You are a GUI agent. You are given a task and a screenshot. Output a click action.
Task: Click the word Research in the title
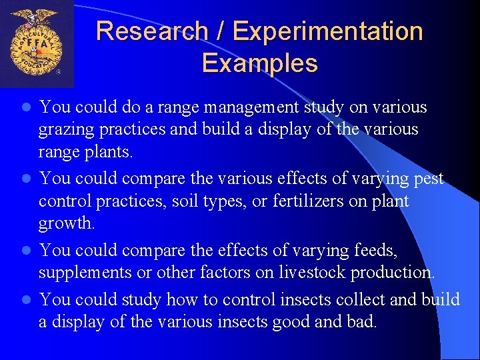point(152,31)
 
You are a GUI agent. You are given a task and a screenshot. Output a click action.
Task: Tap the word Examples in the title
point(259,64)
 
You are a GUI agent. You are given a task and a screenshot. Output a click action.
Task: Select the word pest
point(427,179)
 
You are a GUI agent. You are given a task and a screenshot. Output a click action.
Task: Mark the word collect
point(355,300)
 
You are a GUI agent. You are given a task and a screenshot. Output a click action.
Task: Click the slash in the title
point(221,31)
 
